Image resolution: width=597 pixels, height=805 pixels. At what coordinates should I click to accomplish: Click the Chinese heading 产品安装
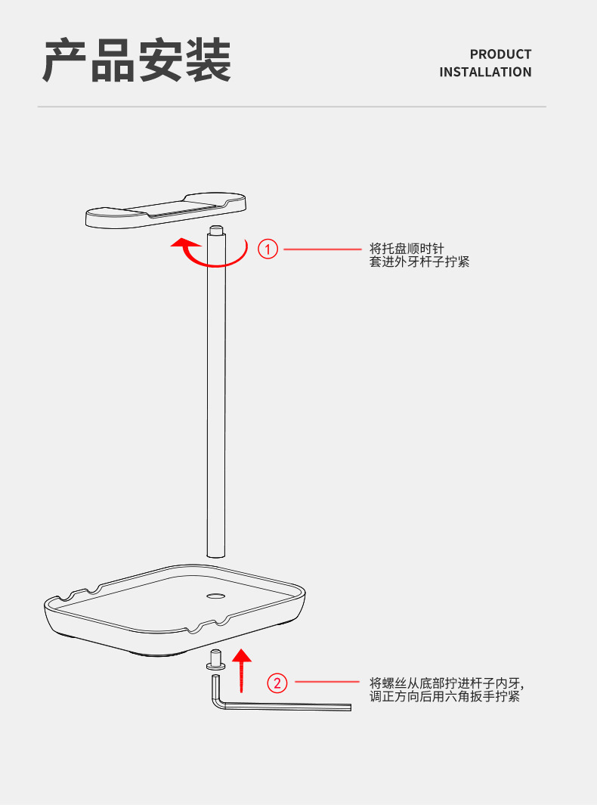[137, 61]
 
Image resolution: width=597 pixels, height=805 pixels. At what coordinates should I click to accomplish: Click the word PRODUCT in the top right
[500, 54]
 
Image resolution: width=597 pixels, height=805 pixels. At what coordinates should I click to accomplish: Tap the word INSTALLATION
[485, 73]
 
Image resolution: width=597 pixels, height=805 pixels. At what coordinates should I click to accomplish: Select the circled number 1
[268, 248]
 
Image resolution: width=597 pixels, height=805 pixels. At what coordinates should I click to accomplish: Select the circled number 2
[278, 683]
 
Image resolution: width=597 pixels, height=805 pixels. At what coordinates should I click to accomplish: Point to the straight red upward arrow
[241, 670]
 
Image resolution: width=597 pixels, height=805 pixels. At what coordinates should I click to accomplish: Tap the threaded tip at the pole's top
[216, 230]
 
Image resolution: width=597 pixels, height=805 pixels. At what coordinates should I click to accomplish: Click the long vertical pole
[216, 393]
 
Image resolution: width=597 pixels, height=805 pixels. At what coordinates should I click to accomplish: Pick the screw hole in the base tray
[215, 596]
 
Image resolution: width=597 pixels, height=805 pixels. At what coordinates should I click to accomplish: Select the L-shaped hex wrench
[280, 706]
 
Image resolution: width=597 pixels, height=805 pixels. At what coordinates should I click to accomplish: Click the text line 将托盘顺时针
[407, 248]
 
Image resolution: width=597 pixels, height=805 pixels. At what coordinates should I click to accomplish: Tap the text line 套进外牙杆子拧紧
[419, 262]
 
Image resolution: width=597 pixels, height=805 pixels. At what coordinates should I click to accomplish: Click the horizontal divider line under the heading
[292, 107]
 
